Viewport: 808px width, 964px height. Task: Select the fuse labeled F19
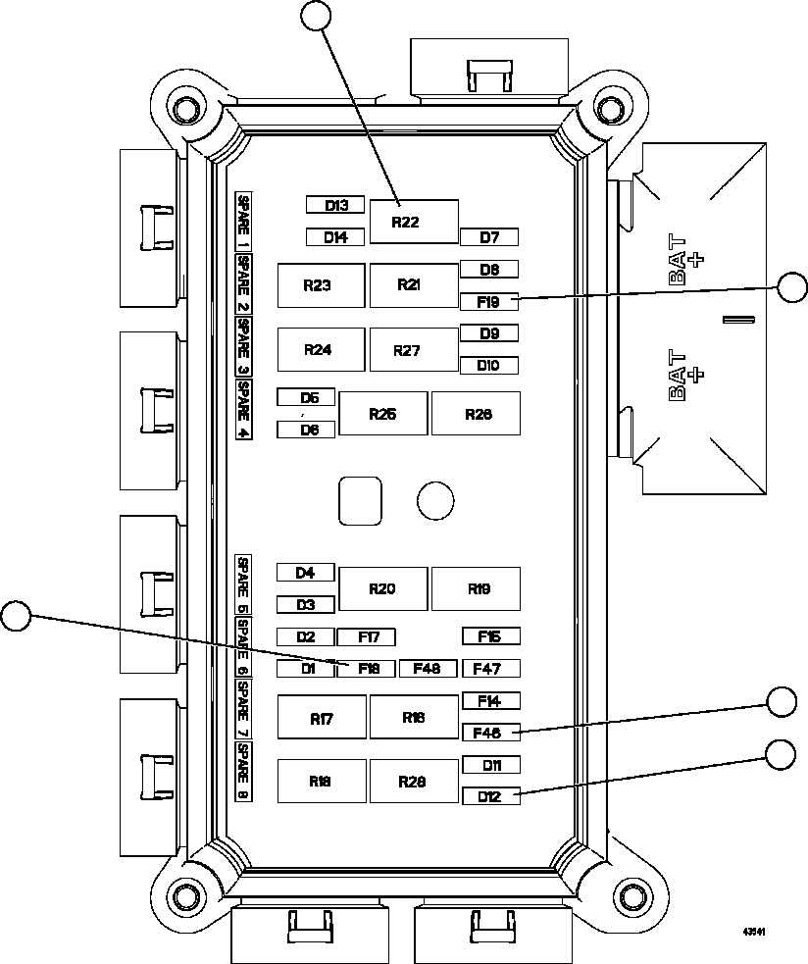point(488,301)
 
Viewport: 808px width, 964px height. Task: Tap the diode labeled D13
point(334,205)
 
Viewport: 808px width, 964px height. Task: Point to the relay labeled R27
point(413,350)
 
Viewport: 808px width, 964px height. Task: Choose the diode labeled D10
point(488,365)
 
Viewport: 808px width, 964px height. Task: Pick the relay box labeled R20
point(382,588)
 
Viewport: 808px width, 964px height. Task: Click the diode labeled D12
point(489,796)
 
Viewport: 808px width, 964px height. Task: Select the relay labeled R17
point(322,718)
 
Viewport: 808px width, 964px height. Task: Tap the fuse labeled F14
point(489,701)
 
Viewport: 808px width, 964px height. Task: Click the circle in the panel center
point(435,500)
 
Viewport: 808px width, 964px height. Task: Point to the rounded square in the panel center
point(360,500)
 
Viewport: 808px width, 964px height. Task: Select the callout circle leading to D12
point(781,754)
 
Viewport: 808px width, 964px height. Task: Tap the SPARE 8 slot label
point(243,772)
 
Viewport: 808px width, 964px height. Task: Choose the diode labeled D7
point(488,237)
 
